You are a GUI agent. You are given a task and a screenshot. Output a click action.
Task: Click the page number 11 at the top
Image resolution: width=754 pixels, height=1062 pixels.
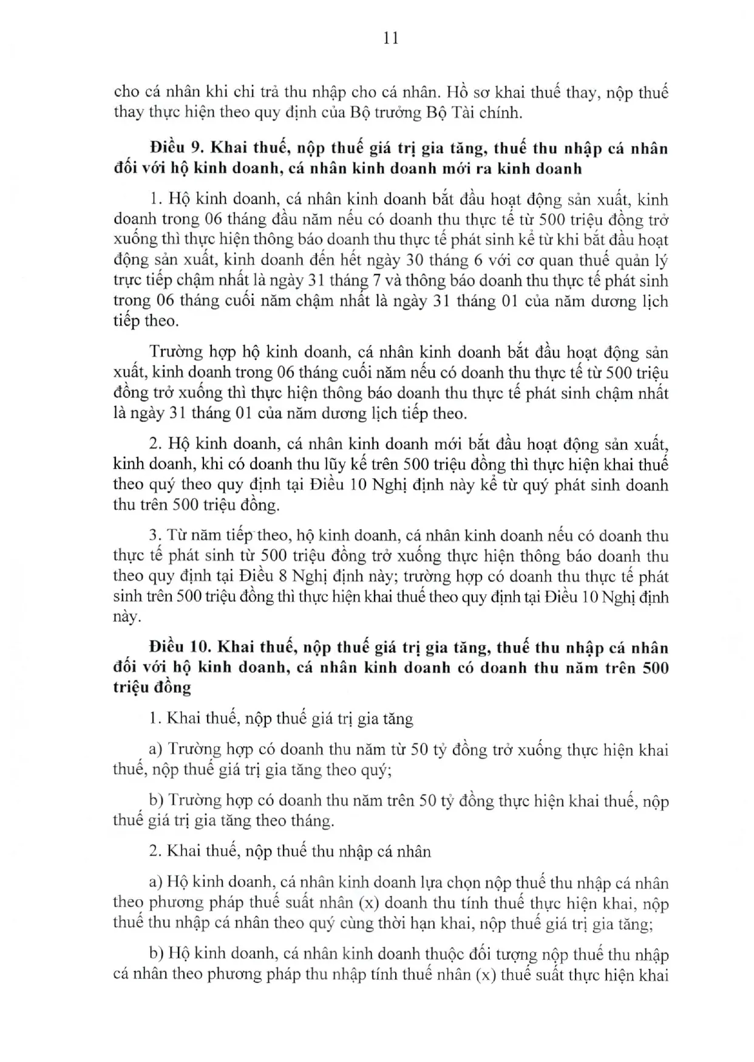point(391,38)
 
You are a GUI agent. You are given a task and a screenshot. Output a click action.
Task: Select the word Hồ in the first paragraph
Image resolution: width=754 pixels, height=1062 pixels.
point(456,92)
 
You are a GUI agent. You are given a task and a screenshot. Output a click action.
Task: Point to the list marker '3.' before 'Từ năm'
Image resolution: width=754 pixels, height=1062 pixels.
point(155,535)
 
